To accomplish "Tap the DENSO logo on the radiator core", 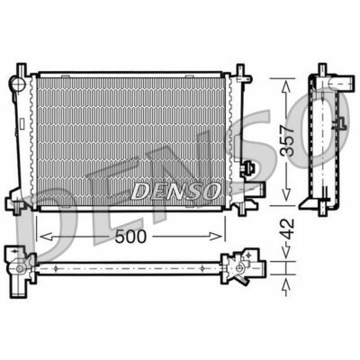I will pos(175,191).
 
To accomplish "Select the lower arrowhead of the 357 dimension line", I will pos(286,204).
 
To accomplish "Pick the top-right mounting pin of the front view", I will pos(240,69).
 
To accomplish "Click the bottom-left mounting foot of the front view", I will pos(18,209).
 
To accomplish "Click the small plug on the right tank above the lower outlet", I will pos(253,167).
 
